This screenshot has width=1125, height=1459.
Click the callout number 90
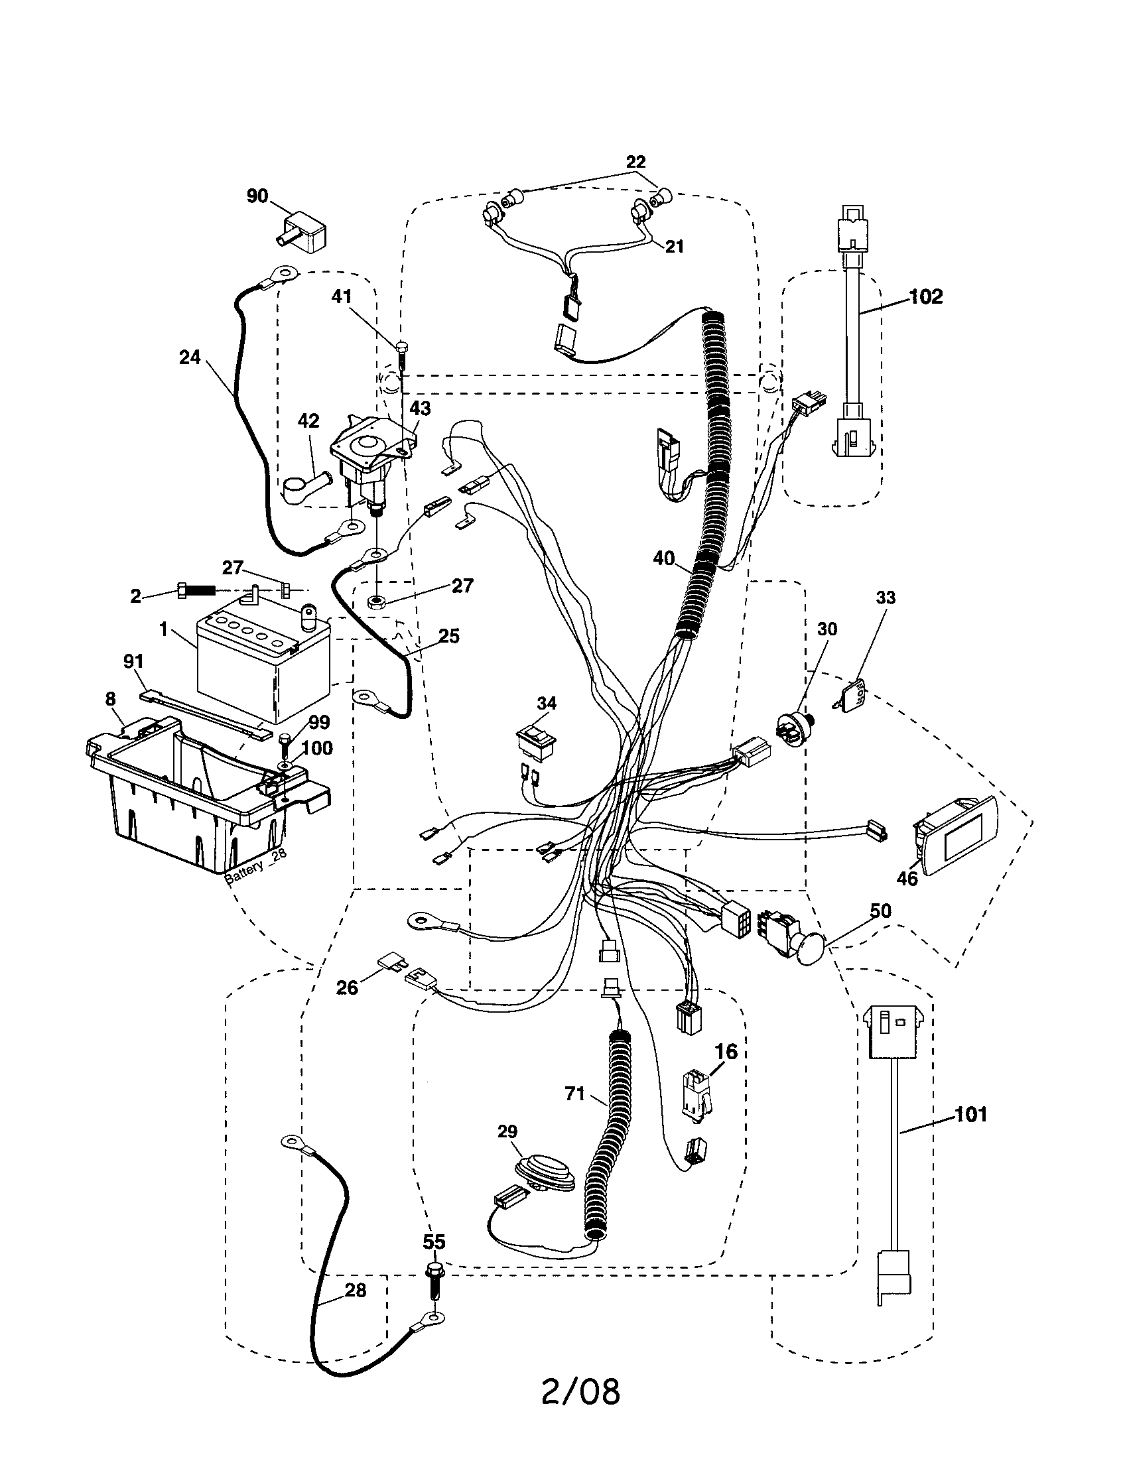click(257, 196)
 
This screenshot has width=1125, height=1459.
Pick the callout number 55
click(434, 1242)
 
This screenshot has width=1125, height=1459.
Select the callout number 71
click(574, 1094)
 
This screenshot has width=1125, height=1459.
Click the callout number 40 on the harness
click(664, 558)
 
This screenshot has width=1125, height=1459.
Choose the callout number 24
click(190, 357)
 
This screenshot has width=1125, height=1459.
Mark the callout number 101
click(970, 1114)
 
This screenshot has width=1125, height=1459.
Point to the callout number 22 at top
click(636, 162)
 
